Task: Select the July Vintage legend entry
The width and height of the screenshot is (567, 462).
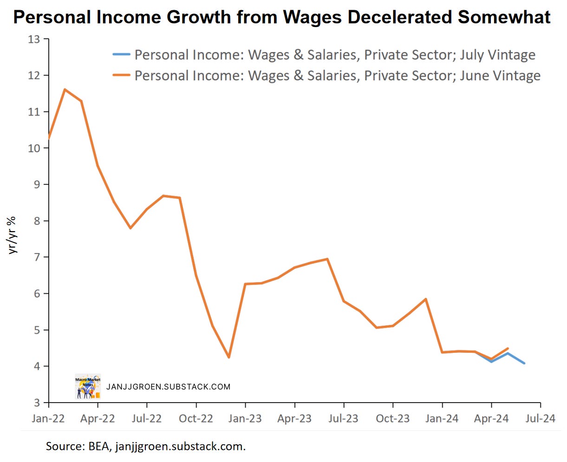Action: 335,55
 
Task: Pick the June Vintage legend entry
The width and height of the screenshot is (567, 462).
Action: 337,76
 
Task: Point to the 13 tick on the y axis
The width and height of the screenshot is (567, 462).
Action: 34,39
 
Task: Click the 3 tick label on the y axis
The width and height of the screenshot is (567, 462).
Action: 36,403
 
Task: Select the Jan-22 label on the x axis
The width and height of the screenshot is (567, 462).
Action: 48,419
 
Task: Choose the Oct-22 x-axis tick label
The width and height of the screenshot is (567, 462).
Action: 196,419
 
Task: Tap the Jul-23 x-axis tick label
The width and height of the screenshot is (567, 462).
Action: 343,419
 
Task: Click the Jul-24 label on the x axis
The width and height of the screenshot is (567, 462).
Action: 540,419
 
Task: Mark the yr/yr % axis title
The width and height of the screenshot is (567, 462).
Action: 13,234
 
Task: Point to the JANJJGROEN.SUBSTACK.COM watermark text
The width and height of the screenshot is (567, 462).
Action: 168,387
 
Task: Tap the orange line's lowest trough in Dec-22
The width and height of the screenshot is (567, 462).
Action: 229,358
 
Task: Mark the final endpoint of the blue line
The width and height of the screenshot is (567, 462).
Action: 524,363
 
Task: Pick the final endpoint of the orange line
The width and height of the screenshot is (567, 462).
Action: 508,348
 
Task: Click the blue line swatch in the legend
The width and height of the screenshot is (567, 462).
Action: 121,55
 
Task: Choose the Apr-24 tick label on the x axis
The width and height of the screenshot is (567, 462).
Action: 491,419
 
